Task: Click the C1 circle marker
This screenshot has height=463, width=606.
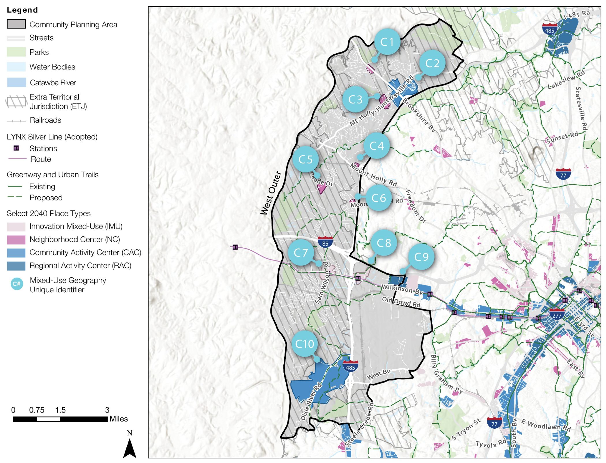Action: (x=387, y=42)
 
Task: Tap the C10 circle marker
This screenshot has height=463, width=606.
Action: (x=304, y=344)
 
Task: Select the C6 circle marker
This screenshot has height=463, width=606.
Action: (x=379, y=198)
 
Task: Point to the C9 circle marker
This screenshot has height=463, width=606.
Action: (x=421, y=257)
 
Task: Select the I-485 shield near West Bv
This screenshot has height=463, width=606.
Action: (x=350, y=366)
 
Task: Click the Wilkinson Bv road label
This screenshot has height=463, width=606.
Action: (x=402, y=289)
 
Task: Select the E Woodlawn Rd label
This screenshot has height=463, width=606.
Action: (x=546, y=426)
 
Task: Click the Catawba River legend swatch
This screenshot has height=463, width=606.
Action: (x=16, y=82)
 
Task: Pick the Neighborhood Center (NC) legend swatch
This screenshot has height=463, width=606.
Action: (x=16, y=240)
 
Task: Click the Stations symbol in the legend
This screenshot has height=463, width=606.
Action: (x=16, y=148)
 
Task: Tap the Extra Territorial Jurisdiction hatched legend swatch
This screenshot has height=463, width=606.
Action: (x=16, y=101)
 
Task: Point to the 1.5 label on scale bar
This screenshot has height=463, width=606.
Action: (x=60, y=410)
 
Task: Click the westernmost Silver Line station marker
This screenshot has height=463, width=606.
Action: (x=235, y=247)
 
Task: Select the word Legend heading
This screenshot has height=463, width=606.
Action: (x=22, y=10)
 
